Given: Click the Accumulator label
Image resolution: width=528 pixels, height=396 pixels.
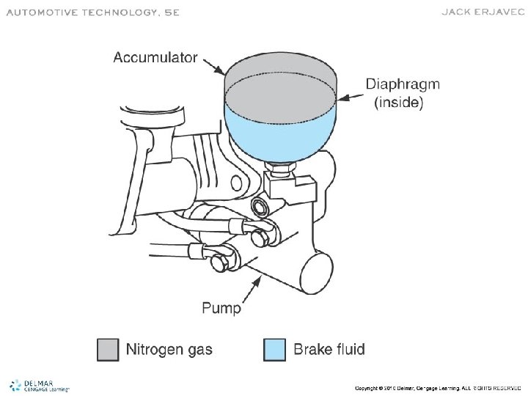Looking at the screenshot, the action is click(x=155, y=58).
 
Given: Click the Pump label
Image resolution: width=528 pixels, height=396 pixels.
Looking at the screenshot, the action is click(x=221, y=308).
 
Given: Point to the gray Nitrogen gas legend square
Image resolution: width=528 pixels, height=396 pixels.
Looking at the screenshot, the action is click(x=108, y=349).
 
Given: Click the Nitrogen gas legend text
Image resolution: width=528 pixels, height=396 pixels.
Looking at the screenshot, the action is click(x=169, y=349).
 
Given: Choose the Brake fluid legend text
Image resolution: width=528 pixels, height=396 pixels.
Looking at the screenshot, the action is click(x=329, y=349).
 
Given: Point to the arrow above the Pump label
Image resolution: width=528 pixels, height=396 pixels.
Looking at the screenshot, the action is click(x=246, y=286).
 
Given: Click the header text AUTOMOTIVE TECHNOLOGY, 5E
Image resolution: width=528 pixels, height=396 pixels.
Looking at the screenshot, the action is click(x=92, y=12).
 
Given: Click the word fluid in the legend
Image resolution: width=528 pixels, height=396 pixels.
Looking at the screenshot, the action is click(x=348, y=349).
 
